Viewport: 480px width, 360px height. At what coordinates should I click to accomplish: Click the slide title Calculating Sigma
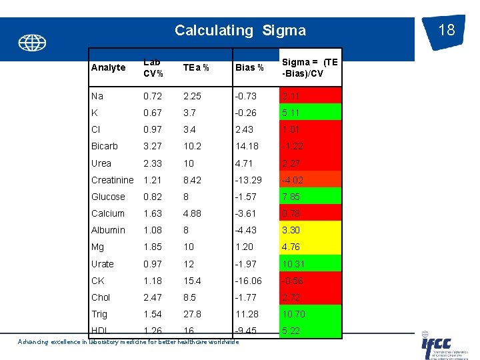(x=240, y=30)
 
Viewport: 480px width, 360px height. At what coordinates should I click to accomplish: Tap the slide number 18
(x=447, y=30)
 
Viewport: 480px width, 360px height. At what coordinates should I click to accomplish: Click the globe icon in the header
(x=32, y=43)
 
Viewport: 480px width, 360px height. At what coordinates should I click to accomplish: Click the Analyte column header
(x=108, y=67)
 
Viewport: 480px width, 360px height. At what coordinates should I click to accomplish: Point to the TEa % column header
(x=196, y=67)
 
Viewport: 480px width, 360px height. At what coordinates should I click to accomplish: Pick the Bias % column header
(x=249, y=67)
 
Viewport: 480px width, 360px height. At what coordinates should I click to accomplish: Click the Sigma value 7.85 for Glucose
(x=291, y=197)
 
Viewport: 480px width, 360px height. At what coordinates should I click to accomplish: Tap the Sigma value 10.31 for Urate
(x=293, y=263)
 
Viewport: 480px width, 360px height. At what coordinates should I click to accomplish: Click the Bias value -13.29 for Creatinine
(x=249, y=180)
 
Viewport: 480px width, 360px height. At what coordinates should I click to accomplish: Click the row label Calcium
(x=108, y=213)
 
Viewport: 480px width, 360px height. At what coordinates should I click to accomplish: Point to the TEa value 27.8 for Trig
(x=193, y=314)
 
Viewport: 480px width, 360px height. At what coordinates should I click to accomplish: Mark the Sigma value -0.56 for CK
(x=291, y=281)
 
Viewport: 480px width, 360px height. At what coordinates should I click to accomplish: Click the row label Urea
(x=101, y=163)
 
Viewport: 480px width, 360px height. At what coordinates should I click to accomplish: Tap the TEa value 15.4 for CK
(x=193, y=281)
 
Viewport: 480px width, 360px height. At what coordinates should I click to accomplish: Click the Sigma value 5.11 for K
(x=291, y=113)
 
